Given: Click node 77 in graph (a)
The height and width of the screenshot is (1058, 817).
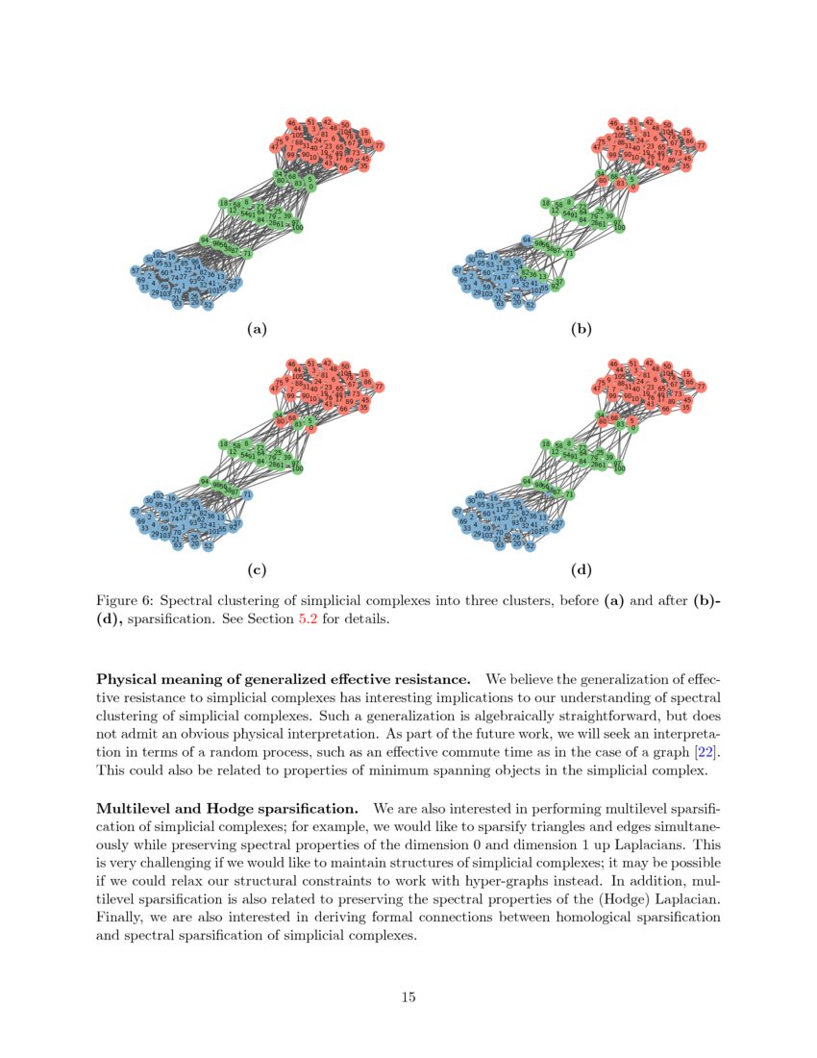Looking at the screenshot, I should tap(379, 146).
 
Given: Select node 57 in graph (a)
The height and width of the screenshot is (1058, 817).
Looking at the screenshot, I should tap(135, 271).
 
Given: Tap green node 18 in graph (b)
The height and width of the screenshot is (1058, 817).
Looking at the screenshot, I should tap(545, 203).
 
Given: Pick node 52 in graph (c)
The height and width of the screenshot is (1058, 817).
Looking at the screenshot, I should tap(208, 545).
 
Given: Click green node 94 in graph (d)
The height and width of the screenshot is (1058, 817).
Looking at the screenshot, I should tap(526, 480).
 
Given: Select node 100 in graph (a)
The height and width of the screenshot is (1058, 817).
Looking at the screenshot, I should tap(297, 228).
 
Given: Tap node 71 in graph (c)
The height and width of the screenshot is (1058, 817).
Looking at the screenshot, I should tap(247, 494).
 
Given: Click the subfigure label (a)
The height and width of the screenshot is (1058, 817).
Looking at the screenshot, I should tap(256, 330).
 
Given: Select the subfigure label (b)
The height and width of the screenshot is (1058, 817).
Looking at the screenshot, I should tap(581, 330).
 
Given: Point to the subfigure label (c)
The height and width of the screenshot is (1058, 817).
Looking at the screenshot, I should tap(256, 570).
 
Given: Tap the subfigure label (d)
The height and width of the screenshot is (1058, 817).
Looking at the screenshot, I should tap(581, 570).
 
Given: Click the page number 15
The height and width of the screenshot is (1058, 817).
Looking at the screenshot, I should tap(408, 996).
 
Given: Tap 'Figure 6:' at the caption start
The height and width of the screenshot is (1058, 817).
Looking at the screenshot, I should tap(124, 601).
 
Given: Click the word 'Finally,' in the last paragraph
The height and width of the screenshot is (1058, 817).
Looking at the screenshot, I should tap(121, 918).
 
